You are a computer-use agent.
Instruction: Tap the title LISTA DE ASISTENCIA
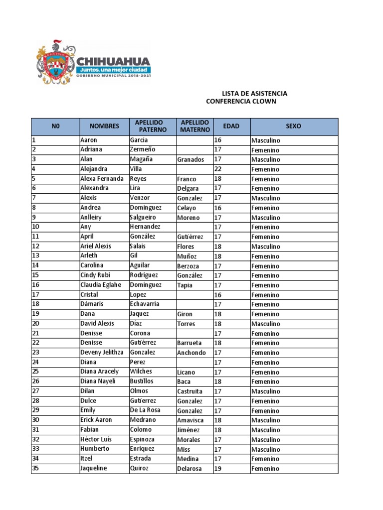pyautogui.click(x=254, y=94)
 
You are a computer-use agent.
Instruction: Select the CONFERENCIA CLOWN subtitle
pyautogui.click(x=240, y=102)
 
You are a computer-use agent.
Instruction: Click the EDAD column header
pyautogui.click(x=231, y=127)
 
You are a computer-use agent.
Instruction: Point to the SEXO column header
pyautogui.click(x=294, y=127)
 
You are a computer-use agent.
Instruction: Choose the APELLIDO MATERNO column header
pyautogui.click(x=194, y=127)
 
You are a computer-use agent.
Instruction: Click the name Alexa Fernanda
pyautogui.click(x=102, y=179)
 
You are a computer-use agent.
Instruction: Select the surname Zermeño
pyautogui.click(x=143, y=149)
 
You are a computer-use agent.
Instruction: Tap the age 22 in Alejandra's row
pyautogui.click(x=218, y=169)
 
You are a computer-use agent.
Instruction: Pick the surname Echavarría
pyautogui.click(x=145, y=304)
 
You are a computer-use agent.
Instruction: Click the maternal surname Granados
pyautogui.click(x=191, y=160)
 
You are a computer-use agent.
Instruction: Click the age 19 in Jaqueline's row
pyautogui.click(x=218, y=469)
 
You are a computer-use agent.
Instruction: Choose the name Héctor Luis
pyautogui.click(x=96, y=439)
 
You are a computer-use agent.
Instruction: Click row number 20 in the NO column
pyautogui.click(x=35, y=324)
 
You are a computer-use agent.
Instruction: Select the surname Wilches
pyautogui.click(x=141, y=372)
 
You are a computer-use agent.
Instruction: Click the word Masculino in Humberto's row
pyautogui.click(x=266, y=449)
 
